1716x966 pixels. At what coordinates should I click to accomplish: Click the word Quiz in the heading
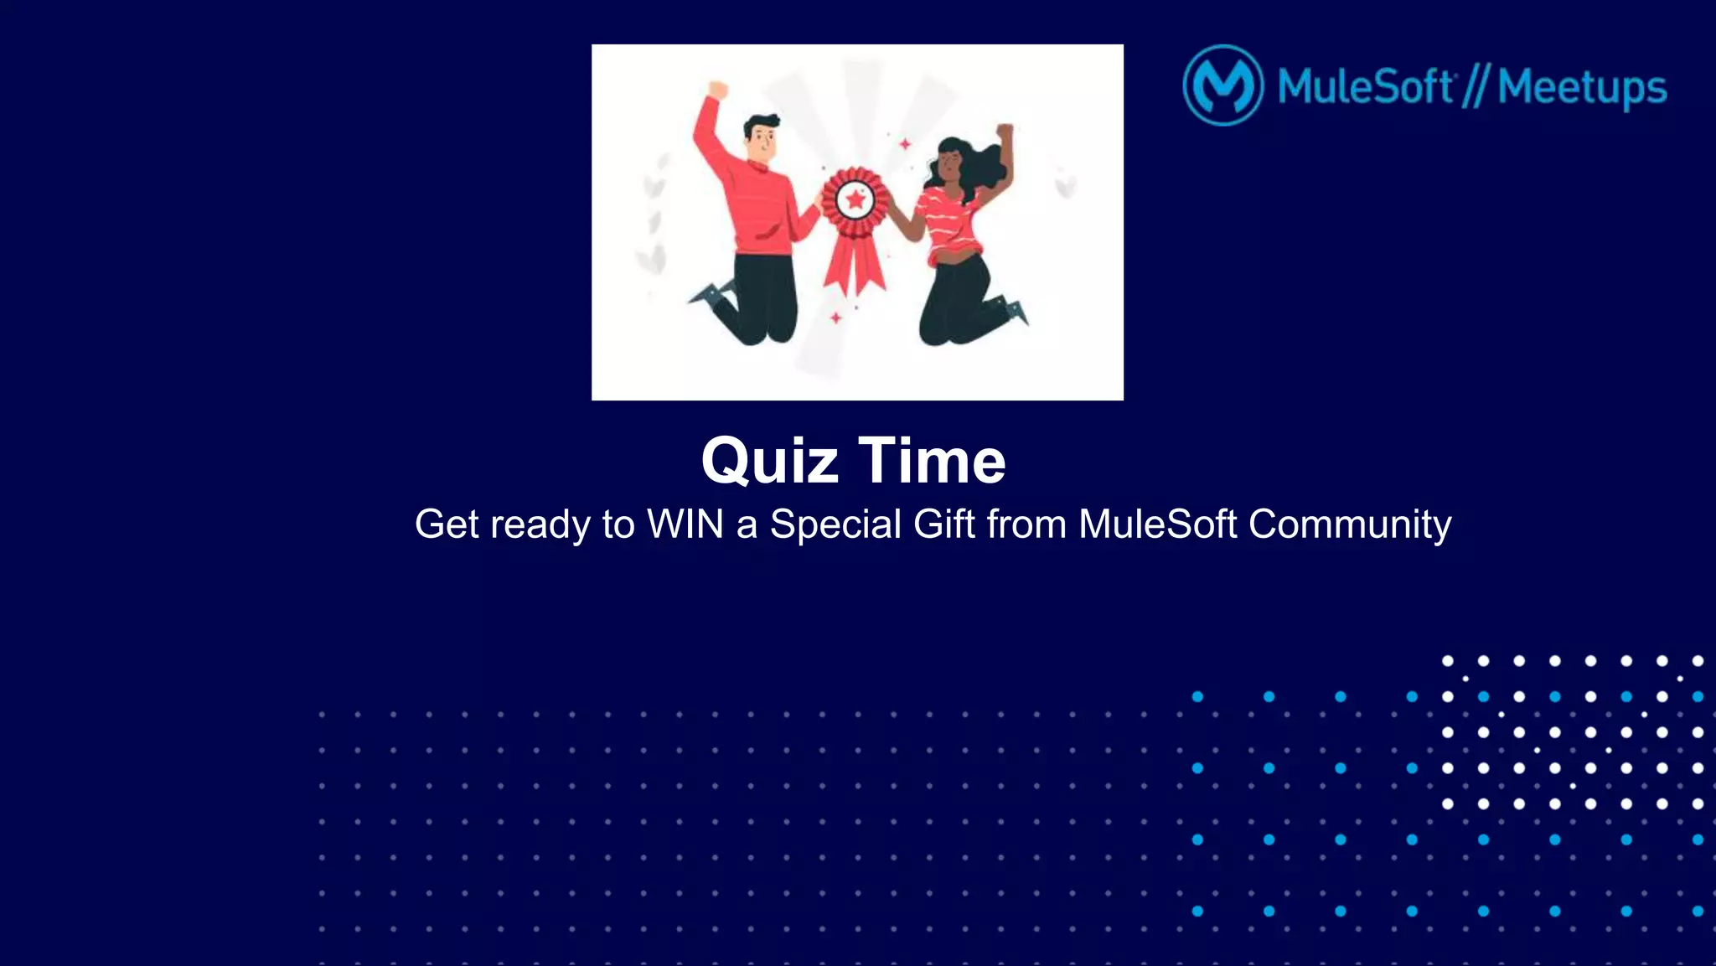[769, 461]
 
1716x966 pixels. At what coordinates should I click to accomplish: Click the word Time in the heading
[932, 461]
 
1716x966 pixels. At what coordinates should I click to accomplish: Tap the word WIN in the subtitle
[685, 524]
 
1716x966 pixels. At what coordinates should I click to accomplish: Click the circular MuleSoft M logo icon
[1222, 85]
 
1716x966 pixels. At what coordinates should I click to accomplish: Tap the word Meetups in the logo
[1582, 87]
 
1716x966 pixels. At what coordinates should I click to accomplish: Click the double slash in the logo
[1476, 86]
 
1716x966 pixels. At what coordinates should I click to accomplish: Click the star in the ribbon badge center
[855, 200]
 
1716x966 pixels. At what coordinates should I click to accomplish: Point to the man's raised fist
[717, 89]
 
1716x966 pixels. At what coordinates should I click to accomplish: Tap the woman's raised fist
[1005, 132]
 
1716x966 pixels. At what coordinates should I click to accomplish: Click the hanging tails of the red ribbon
[855, 264]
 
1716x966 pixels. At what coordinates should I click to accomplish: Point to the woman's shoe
[1016, 311]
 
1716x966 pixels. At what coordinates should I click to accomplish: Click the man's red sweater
[758, 205]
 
